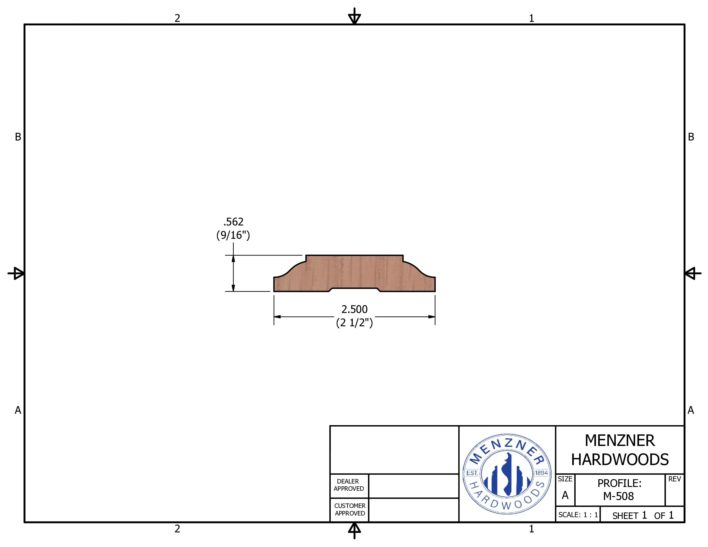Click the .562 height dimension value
point(233,222)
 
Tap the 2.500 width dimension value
point(354,310)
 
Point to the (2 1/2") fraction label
point(354,323)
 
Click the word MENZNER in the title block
point(620,441)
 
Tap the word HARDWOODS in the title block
point(620,460)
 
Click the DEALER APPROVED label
point(349,485)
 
